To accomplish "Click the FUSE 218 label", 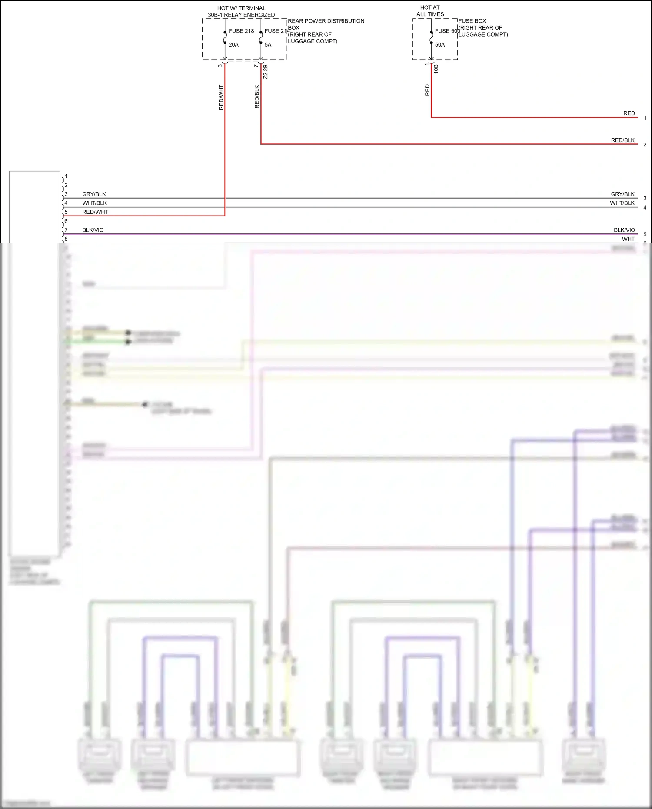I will point(241,31).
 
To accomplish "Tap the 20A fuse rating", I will point(233,45).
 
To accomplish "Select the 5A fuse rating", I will point(268,45).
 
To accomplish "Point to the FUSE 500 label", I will point(447,31).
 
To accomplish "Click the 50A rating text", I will point(440,45).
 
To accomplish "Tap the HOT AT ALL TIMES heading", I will point(430,11).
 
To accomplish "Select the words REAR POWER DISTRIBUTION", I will point(326,21).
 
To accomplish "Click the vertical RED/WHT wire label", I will point(221,97).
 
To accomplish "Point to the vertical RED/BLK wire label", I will point(257,97).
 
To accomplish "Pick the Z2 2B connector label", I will point(266,72).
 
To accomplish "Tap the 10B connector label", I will point(436,69).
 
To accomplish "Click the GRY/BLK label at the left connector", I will point(94,194).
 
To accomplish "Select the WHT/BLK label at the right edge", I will point(622,203).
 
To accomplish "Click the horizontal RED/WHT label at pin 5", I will point(95,212).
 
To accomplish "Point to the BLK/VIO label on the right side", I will point(624,230).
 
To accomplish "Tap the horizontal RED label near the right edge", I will point(629,113).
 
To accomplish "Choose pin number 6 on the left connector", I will point(66,221).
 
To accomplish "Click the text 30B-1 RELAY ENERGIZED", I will point(241,15).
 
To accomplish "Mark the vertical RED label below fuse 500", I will point(427,90).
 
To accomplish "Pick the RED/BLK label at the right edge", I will point(622,140).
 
